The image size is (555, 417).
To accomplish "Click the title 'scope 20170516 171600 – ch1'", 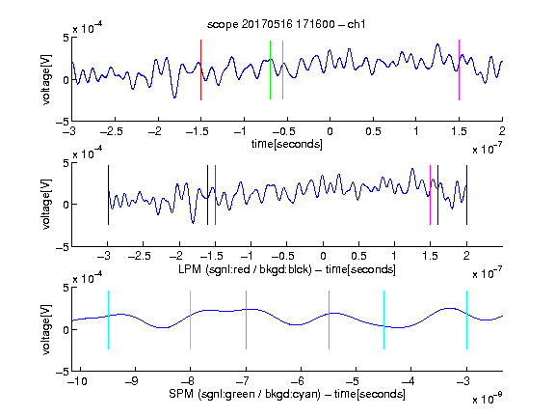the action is tap(286, 24).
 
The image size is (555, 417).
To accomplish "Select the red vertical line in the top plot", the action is tap(200, 69).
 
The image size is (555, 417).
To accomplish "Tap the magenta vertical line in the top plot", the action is tap(459, 69).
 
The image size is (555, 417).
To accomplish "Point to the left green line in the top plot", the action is tap(270, 69).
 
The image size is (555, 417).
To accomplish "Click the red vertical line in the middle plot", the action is tap(215, 195).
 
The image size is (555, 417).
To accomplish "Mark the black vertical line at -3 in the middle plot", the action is tap(108, 195).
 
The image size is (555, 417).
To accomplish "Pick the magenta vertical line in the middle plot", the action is tap(430, 195).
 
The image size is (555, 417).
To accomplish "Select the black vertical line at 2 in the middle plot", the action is tap(466, 195).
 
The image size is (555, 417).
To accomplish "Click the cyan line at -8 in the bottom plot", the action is tap(191, 320).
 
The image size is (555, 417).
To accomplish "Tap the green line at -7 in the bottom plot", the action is tap(246, 320).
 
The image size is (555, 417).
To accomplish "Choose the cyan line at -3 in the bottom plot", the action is tap(466, 320).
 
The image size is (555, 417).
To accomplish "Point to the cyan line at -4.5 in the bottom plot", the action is tap(384, 320).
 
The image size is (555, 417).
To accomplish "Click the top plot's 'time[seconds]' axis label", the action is tap(287, 145).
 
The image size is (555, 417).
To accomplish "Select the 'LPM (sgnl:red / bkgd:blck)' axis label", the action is tap(245, 269).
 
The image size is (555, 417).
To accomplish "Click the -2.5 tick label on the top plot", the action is tap(112, 131).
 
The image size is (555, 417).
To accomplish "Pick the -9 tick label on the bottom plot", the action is tap(132, 381).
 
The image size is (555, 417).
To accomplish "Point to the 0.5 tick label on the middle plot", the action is tap(358, 256).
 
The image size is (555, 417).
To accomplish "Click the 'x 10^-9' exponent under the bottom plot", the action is tap(487, 399).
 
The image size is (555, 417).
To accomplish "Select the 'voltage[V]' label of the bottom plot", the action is tap(46, 329).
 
